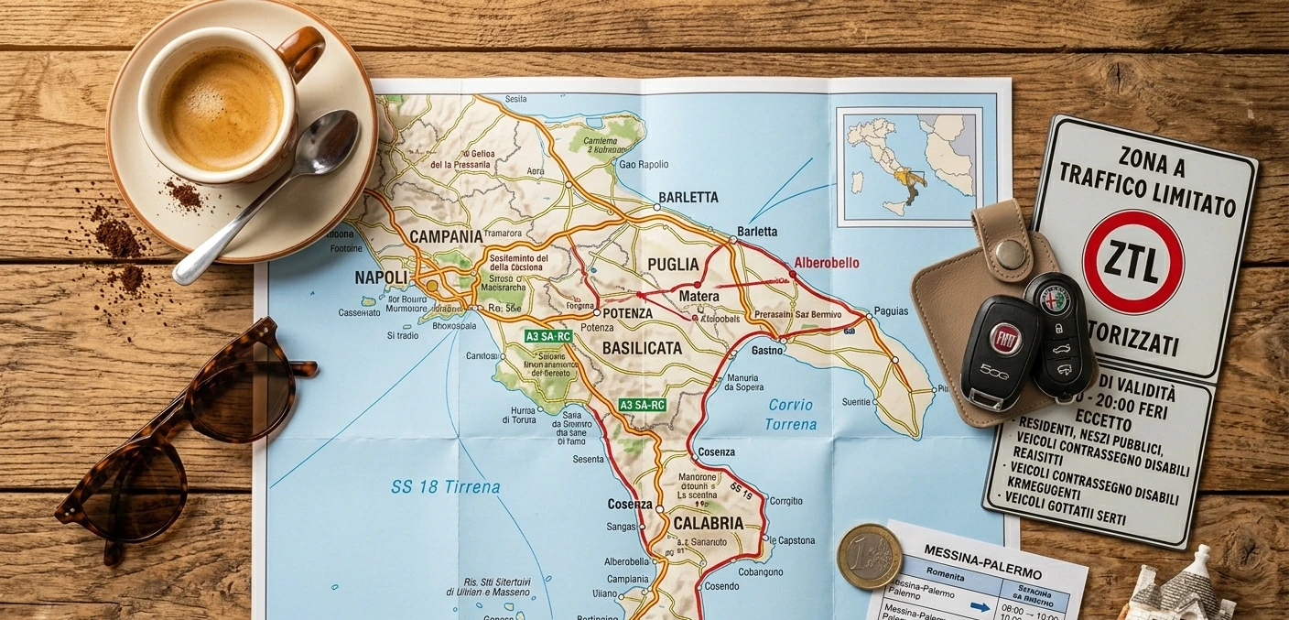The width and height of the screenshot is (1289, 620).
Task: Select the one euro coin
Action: point(869,556)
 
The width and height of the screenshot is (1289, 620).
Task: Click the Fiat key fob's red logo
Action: point(1005,339)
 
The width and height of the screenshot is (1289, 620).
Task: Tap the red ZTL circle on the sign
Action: point(1132,262)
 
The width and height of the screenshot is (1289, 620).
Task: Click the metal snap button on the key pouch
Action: point(1010,254)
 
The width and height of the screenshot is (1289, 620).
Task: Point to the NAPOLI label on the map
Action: point(380,277)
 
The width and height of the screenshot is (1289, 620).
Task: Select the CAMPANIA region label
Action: point(446,236)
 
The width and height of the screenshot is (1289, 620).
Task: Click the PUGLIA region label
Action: point(673,265)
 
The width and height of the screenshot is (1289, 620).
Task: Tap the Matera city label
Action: point(699,297)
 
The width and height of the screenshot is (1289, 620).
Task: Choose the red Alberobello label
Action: point(827,263)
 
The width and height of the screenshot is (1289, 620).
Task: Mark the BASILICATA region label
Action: point(642,348)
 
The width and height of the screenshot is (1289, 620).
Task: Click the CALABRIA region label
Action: point(708,523)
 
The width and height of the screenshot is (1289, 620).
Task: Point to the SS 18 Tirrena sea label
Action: point(445,487)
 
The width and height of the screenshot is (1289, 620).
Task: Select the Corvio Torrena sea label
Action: point(791,414)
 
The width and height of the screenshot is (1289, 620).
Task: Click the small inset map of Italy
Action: point(909,166)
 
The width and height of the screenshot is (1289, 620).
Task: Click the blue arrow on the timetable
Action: point(980,605)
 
